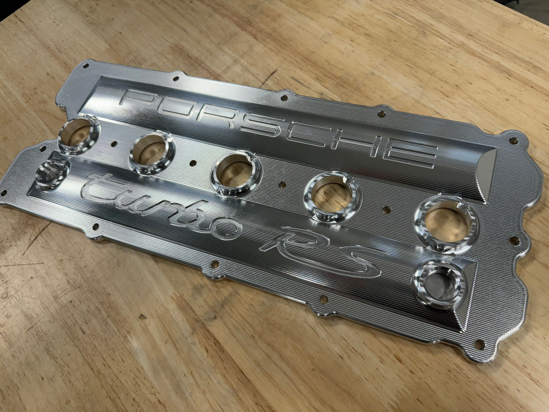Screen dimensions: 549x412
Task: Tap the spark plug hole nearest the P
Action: coord(79,135)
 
